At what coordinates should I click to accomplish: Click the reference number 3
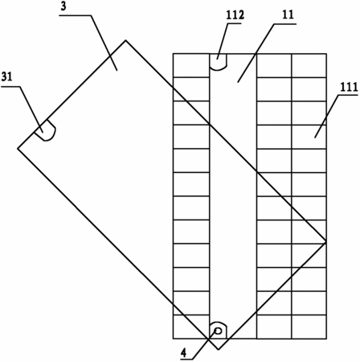tap(63, 6)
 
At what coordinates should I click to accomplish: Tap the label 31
tap(7, 77)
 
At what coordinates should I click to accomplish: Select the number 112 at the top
tap(235, 15)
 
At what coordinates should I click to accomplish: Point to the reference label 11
tap(288, 14)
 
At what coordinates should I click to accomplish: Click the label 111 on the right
tap(349, 87)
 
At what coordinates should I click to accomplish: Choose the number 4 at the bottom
tap(183, 353)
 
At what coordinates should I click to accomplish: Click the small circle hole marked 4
tap(219, 331)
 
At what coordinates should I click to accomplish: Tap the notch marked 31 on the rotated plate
tap(45, 130)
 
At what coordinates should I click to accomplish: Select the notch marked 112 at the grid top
tap(219, 62)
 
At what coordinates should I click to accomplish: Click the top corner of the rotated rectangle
tap(125, 40)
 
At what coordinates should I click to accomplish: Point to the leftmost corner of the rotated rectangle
tap(18, 148)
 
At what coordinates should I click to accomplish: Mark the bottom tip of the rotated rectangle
tap(219, 349)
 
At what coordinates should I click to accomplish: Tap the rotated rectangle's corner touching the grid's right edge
tap(326, 242)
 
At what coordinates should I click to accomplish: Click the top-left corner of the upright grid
tap(173, 54)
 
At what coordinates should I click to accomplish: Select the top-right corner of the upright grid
tap(326, 54)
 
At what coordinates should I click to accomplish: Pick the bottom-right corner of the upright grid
tap(326, 339)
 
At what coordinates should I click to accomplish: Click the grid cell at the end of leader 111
tap(309, 137)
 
